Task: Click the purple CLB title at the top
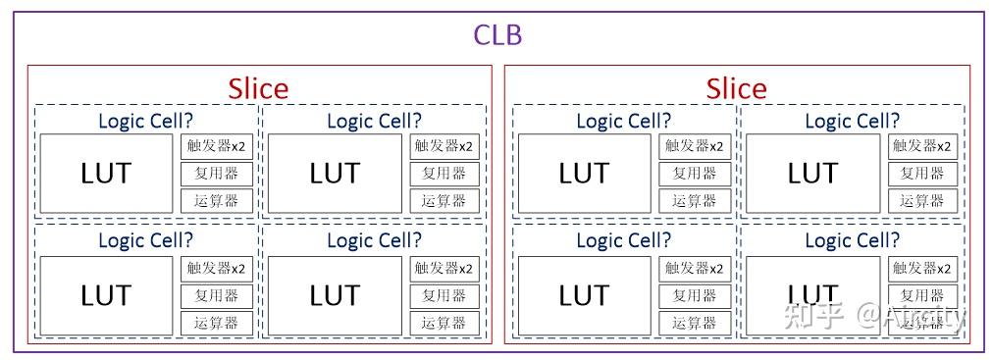click(497, 35)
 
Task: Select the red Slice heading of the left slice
click(258, 88)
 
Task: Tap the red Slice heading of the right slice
click(736, 88)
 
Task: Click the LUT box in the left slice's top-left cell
click(106, 174)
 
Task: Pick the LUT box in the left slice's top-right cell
click(335, 174)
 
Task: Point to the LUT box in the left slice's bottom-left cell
click(106, 295)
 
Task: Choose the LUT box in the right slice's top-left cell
click(584, 174)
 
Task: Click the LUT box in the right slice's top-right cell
click(812, 174)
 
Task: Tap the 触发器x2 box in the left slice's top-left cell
click(216, 146)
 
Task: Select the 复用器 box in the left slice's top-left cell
click(216, 174)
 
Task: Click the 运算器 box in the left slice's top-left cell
click(216, 201)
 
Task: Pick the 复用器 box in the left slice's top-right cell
click(444, 174)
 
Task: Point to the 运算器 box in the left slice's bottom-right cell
click(444, 323)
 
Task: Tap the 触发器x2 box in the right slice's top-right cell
click(922, 146)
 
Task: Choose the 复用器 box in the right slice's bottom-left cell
click(694, 295)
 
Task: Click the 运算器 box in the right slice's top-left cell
click(694, 201)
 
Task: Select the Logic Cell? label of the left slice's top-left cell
click(145, 121)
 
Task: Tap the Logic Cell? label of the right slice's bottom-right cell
click(852, 240)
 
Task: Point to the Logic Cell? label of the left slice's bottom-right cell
click(374, 240)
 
